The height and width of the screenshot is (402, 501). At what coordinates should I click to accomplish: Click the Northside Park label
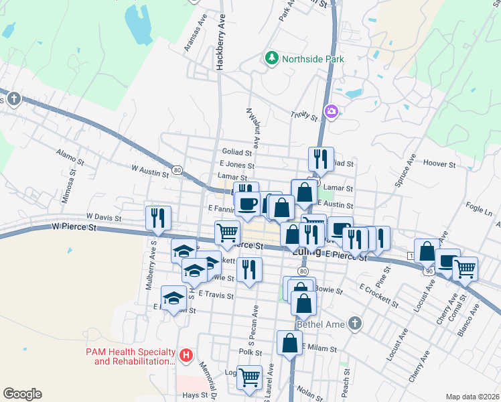313,59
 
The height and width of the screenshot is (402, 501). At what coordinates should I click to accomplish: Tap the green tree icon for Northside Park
272,58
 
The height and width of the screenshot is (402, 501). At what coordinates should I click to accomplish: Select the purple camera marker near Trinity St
331,111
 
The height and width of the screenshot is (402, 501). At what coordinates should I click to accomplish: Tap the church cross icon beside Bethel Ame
355,324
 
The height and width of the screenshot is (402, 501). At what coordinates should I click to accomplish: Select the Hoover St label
439,163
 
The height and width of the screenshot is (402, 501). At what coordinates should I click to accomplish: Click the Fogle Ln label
478,209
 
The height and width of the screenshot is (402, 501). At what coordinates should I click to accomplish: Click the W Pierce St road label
74,228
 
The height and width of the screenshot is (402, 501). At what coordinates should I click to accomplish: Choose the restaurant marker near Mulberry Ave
159,217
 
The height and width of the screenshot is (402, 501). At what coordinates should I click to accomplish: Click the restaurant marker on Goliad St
321,158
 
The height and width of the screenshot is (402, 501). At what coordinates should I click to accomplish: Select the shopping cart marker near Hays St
250,377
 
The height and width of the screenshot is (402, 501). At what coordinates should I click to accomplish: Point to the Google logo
21,394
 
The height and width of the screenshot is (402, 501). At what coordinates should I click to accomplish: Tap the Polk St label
249,352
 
